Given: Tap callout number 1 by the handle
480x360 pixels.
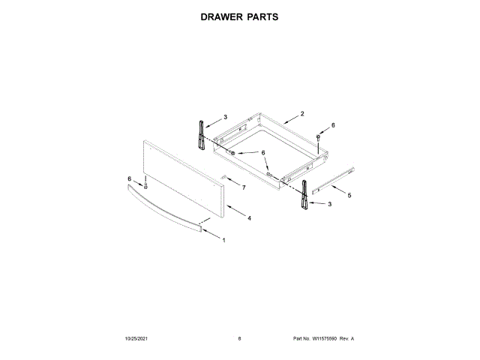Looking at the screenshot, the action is click(x=223, y=239).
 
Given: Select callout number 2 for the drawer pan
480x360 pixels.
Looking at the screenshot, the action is click(x=301, y=114).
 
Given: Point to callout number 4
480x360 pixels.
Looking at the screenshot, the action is click(x=249, y=217).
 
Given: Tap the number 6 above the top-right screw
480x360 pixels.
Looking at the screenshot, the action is click(x=334, y=125).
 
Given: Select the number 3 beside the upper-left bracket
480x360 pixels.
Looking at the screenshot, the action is click(x=226, y=117).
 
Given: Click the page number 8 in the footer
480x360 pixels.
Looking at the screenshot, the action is click(x=239, y=339).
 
